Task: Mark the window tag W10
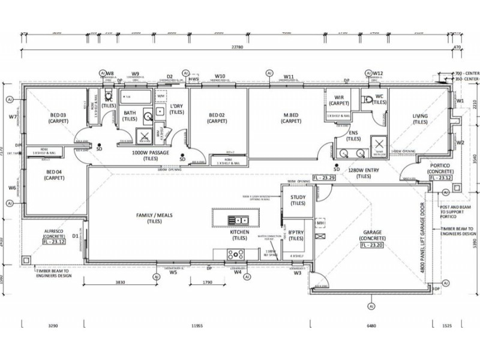pos(220,76)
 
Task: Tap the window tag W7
pos(13,117)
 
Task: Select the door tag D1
pos(76,236)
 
